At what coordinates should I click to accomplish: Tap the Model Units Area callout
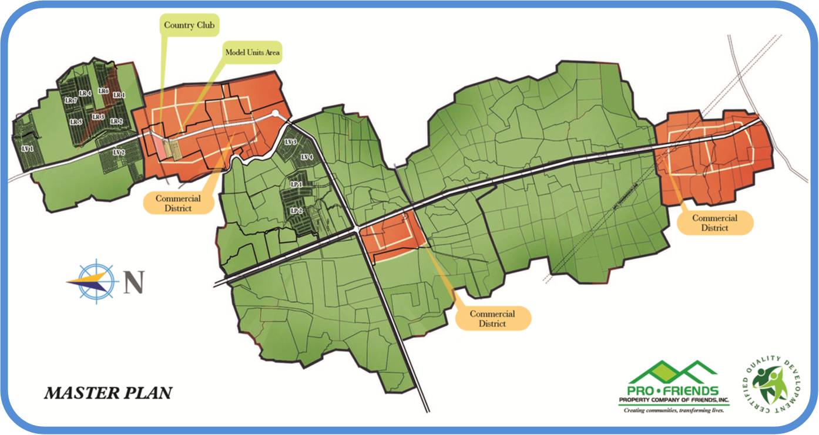coord(253,52)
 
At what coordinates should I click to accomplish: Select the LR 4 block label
coord(85,93)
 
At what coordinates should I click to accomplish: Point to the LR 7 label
coord(71,100)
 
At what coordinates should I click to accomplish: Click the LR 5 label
coord(76,122)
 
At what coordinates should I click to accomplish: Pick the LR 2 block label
coord(116,122)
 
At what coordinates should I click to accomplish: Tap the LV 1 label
coord(27,149)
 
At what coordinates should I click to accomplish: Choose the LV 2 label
coord(118,153)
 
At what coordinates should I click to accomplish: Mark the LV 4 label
coord(307,157)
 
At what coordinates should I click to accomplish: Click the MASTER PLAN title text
coord(108,392)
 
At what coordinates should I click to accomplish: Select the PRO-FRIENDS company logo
coord(674,387)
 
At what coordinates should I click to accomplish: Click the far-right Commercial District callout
coord(714,222)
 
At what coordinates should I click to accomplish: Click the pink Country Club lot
coord(159,147)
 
